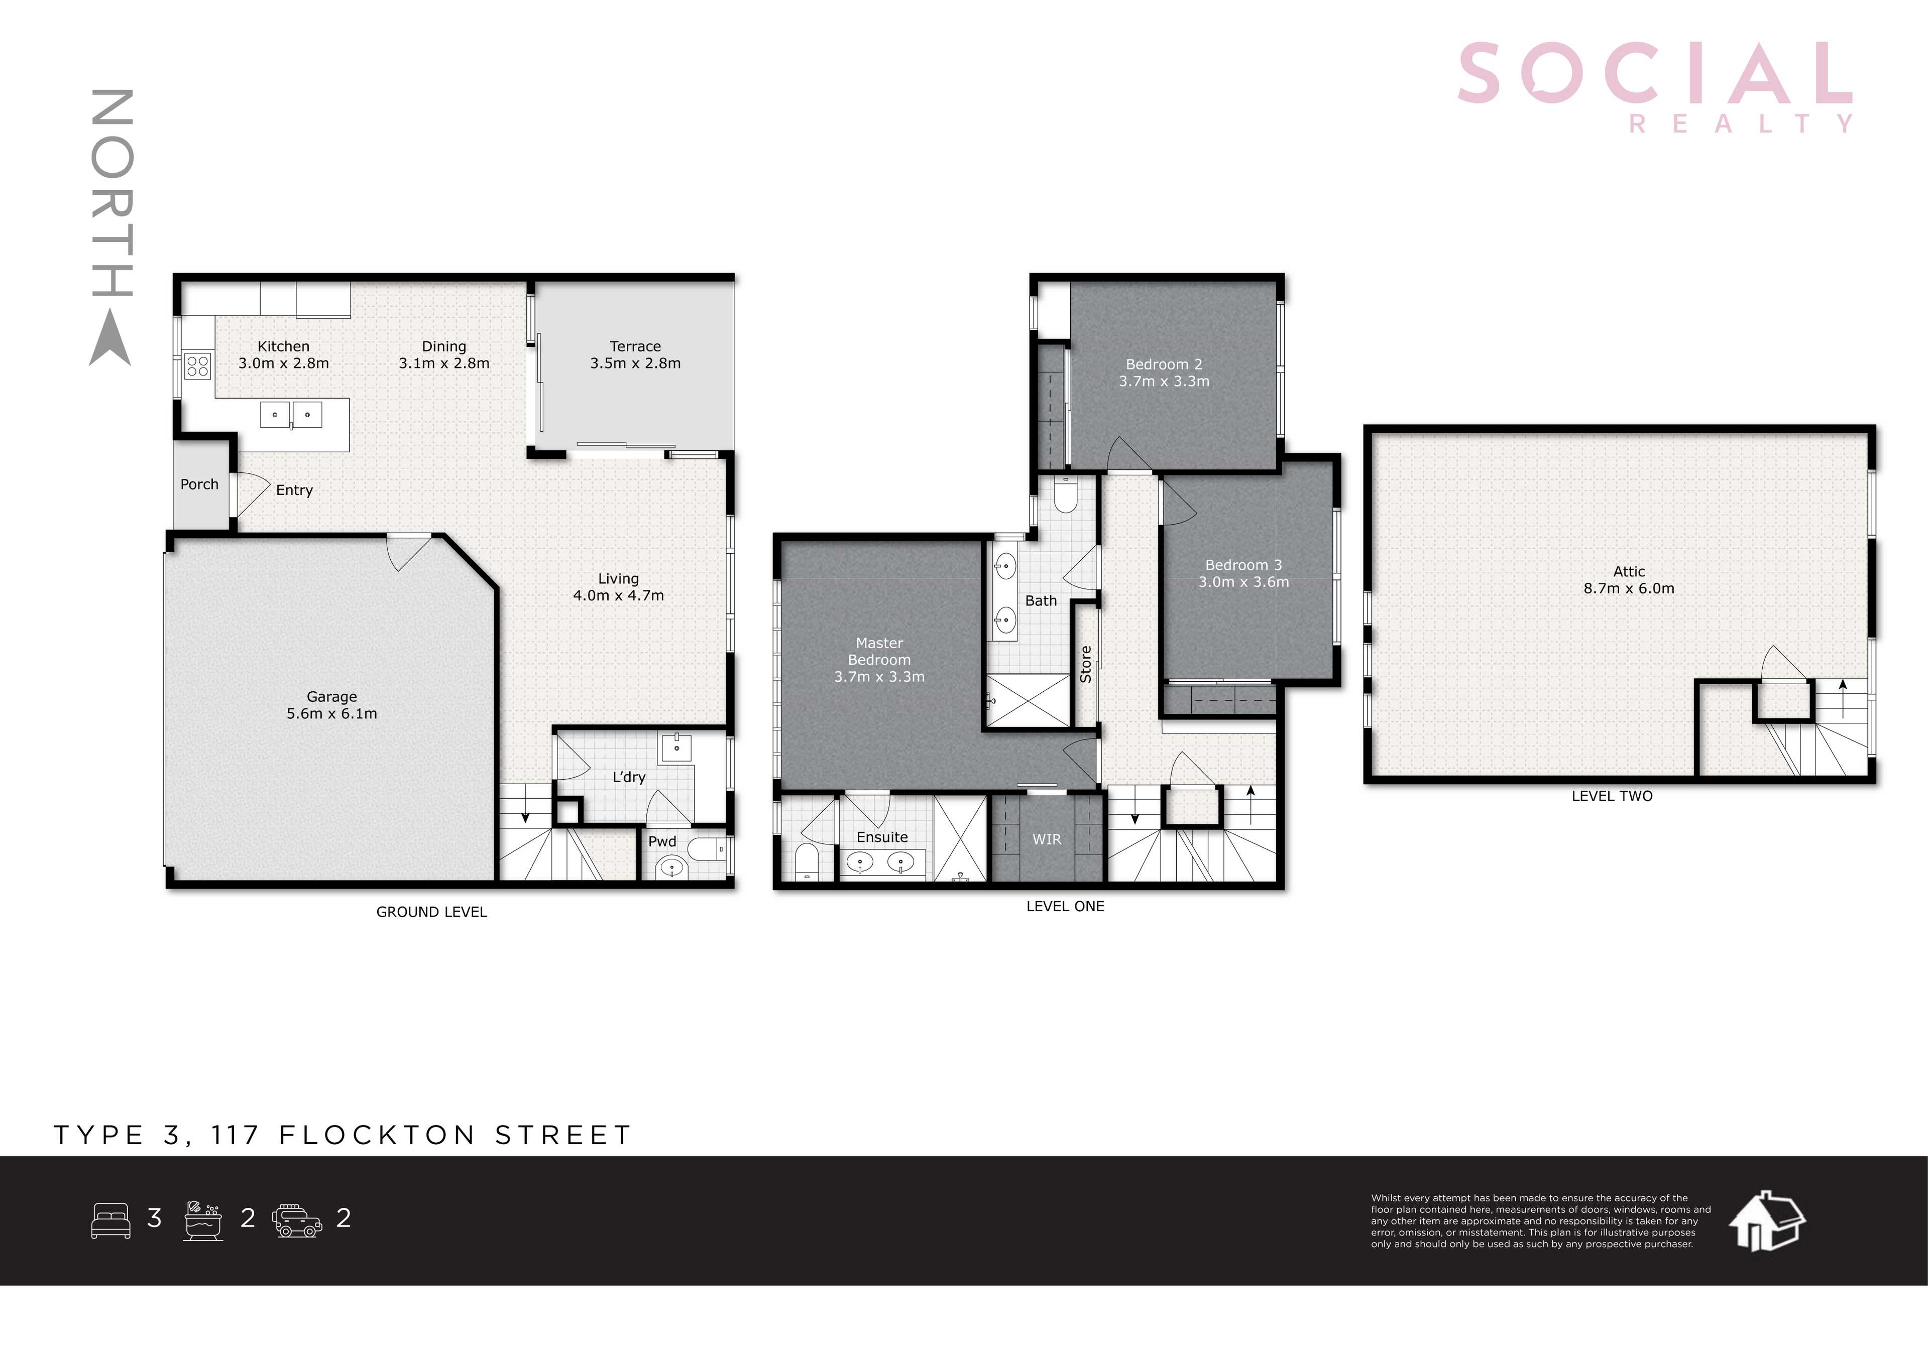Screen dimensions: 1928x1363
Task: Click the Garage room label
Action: point(331,697)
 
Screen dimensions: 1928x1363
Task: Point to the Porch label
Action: point(199,484)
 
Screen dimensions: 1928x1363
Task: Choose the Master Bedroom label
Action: point(879,651)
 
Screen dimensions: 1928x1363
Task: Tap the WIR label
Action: point(1046,839)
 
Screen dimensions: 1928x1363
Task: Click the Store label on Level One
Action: point(1086,664)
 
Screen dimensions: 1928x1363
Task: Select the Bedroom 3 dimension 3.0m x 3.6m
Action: point(1243,582)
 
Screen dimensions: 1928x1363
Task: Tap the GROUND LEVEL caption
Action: point(431,912)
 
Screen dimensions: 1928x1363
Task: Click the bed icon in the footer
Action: point(111,1220)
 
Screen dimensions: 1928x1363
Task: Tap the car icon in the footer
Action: point(297,1220)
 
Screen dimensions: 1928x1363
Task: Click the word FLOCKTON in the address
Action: point(378,1135)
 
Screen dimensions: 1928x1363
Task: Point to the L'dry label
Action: point(629,777)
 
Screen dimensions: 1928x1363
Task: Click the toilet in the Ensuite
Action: point(806,862)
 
